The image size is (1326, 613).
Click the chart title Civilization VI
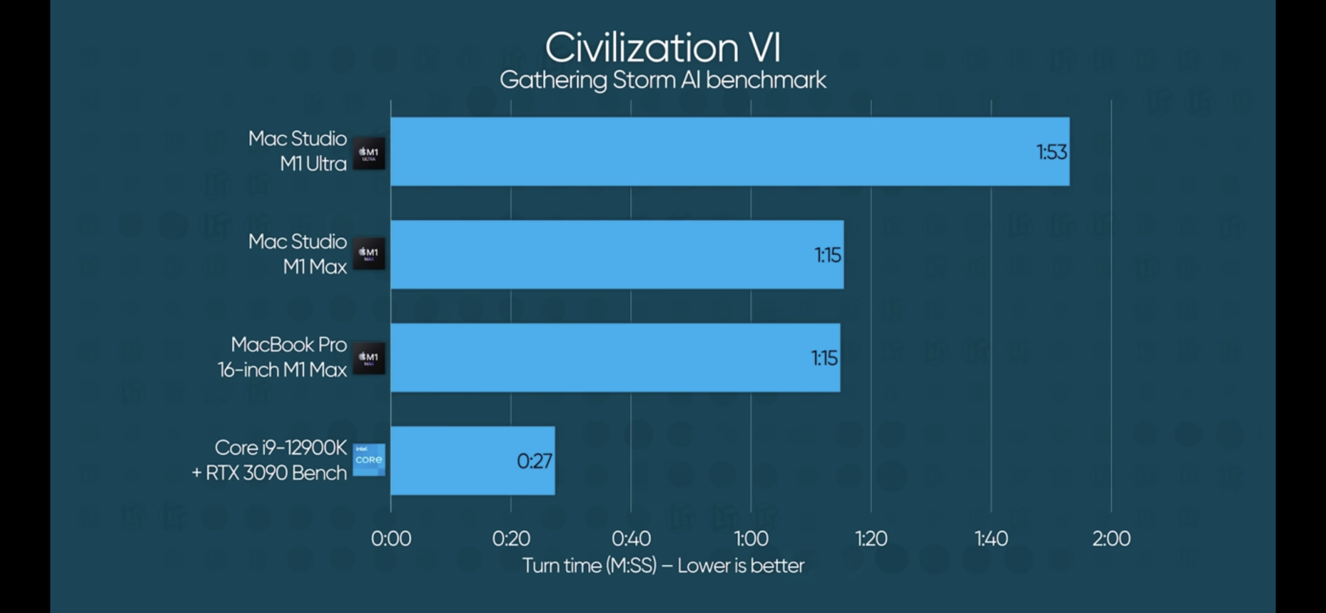coord(662,48)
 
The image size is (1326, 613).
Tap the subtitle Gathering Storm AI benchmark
coord(662,80)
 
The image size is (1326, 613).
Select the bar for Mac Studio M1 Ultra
coord(729,152)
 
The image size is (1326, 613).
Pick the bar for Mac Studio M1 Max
coord(617,254)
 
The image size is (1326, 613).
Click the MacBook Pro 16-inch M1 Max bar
coord(615,358)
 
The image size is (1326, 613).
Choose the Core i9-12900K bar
coord(472,461)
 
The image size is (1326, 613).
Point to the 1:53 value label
coord(1052,152)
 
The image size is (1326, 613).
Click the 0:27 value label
coord(534,461)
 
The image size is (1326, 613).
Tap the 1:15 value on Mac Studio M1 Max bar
coord(827,255)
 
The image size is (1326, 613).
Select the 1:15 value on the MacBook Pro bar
coord(824,359)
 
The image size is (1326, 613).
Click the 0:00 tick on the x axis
coord(391,539)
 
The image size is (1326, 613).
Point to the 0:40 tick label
coord(631,539)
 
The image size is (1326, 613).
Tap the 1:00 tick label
coord(751,539)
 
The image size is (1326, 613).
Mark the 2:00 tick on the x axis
coord(1111,539)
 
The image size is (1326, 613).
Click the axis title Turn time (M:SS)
coord(662,566)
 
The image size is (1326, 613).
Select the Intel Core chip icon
coord(369,460)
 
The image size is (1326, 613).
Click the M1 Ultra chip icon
coord(369,153)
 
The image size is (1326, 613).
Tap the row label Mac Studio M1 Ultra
coord(298,151)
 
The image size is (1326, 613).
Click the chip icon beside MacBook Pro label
coord(369,358)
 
